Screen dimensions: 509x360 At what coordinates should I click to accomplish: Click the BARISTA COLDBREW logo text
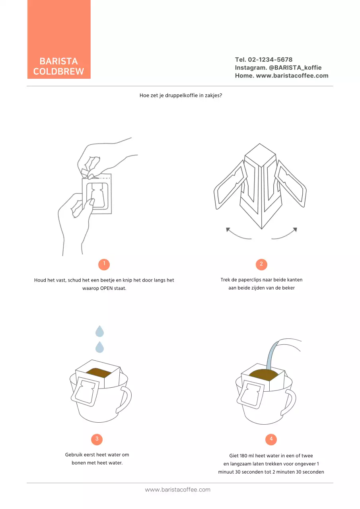click(58, 66)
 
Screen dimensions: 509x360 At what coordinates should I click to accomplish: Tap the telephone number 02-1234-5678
click(270, 60)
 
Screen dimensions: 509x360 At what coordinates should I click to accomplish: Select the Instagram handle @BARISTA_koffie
click(295, 68)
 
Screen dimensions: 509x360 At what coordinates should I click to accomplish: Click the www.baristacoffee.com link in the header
click(292, 76)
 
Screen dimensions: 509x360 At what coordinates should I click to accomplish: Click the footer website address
click(177, 490)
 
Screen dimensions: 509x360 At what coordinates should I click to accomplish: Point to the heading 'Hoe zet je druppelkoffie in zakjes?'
click(181, 96)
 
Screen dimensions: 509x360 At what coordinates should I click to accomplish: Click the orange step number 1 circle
click(104, 264)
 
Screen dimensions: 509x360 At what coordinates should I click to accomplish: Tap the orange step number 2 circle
click(261, 264)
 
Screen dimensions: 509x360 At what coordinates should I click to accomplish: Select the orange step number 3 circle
click(97, 439)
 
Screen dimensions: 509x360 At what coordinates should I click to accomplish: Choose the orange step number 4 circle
click(271, 439)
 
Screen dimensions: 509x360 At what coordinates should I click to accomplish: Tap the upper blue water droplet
click(99, 331)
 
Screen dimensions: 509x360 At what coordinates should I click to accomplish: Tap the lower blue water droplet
click(99, 348)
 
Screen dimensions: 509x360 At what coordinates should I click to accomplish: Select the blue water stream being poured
click(272, 354)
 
